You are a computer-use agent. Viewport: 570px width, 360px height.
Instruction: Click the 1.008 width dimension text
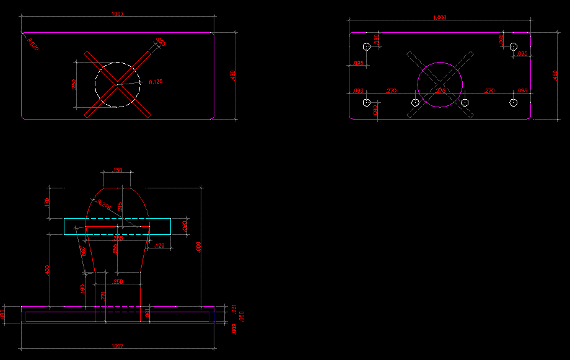[x=440, y=18]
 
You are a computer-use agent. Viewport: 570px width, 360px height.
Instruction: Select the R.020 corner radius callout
[x=33, y=44]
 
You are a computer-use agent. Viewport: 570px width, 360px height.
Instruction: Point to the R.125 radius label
[x=156, y=82]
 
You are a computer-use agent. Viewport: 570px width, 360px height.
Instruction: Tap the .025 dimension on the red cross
[x=160, y=42]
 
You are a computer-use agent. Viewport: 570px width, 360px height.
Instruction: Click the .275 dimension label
[x=441, y=91]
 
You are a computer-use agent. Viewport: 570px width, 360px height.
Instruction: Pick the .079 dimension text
[x=501, y=39]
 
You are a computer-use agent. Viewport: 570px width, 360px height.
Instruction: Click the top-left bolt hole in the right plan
[x=366, y=46]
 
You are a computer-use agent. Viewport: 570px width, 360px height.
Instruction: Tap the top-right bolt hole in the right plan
[x=513, y=46]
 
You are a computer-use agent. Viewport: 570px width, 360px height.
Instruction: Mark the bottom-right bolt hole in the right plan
[x=513, y=102]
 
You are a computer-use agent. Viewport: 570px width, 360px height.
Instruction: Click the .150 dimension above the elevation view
[x=117, y=170]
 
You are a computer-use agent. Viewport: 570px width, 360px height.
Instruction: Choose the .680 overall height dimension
[x=199, y=247]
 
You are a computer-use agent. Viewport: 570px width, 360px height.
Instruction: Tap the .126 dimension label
[x=159, y=247]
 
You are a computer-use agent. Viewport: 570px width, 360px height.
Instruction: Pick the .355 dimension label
[x=117, y=239]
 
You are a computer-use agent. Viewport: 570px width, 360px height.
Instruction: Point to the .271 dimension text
[x=104, y=296]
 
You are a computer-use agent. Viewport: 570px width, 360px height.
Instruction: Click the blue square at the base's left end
[x=23, y=317]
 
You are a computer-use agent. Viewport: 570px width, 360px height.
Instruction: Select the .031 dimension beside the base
[x=234, y=308]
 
